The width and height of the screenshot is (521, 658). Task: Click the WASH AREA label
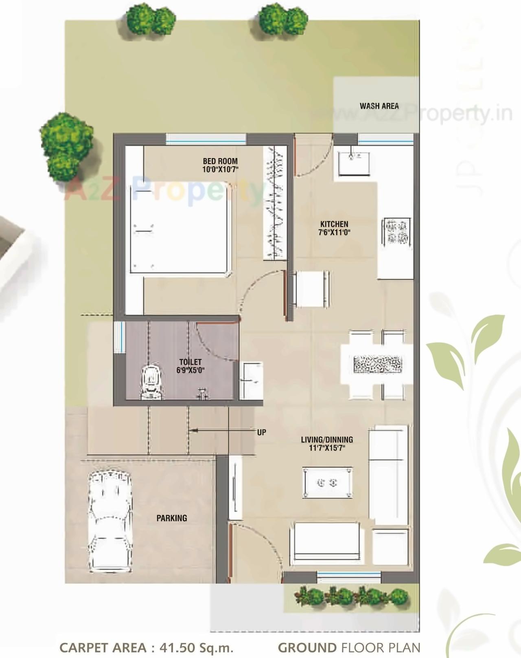coord(379,106)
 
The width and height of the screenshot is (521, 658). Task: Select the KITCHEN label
coord(334,224)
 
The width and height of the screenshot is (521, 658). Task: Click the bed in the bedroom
coord(179,228)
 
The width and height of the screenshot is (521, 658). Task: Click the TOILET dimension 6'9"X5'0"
coord(190,370)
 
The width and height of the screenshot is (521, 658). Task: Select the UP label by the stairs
coord(261,432)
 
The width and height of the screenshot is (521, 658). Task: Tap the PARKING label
coord(172,518)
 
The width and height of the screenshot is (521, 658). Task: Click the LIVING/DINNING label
coord(327,440)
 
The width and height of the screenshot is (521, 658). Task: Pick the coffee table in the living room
coord(327,483)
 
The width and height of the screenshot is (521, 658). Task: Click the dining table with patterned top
coord(378,364)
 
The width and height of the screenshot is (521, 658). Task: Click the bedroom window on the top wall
coord(206,139)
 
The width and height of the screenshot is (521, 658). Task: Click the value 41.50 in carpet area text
coord(177,647)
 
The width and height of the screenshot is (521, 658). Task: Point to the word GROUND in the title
coord(307,647)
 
